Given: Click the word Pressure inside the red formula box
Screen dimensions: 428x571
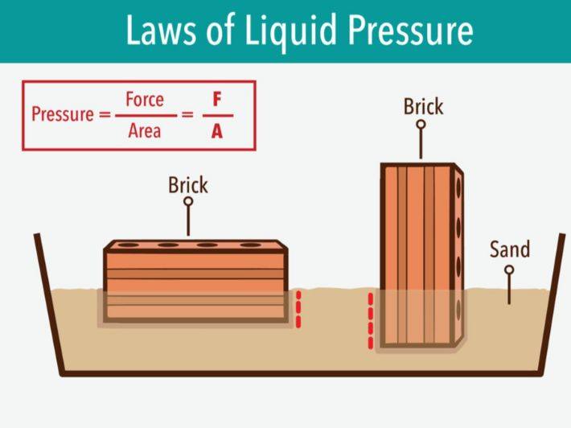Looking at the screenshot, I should tap(62, 114).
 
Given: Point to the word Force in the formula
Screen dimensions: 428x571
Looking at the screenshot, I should tap(145, 100).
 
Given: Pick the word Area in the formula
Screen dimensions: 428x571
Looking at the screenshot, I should tap(145, 130).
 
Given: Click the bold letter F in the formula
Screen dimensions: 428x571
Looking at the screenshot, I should tap(216, 100).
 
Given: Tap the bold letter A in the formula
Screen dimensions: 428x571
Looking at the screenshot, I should tap(216, 130).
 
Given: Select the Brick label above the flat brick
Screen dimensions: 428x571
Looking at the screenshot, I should tap(187, 185).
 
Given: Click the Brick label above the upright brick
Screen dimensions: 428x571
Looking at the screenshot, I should tap(423, 106).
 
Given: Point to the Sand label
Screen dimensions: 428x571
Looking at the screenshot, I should tap(510, 249).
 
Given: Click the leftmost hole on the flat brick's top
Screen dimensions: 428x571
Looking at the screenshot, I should tap(126, 245).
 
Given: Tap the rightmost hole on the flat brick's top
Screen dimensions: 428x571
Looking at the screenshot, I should tap(251, 245).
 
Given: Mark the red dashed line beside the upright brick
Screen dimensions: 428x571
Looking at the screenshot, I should tap(371, 321).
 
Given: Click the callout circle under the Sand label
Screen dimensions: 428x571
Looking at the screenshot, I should tap(509, 270).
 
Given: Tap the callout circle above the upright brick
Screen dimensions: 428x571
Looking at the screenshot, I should tap(420, 126).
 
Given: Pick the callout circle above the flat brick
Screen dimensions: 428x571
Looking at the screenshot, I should tap(188, 202).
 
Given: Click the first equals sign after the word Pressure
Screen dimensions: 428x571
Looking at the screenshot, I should tap(104, 114).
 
